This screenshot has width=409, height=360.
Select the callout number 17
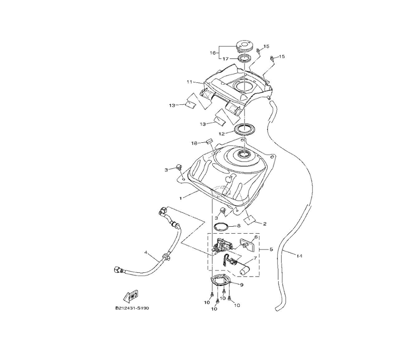click(x=225, y=59)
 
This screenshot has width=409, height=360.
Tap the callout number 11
click(x=189, y=82)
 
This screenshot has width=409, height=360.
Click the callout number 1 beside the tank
click(x=180, y=197)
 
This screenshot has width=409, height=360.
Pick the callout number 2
click(x=265, y=224)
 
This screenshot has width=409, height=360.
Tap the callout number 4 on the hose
click(x=145, y=252)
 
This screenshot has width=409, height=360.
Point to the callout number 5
click(x=271, y=249)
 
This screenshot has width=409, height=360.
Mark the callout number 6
click(x=256, y=237)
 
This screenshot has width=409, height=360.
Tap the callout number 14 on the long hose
click(x=300, y=256)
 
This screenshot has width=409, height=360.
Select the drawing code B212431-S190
click(x=132, y=308)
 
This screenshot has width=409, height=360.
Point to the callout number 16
click(x=213, y=53)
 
